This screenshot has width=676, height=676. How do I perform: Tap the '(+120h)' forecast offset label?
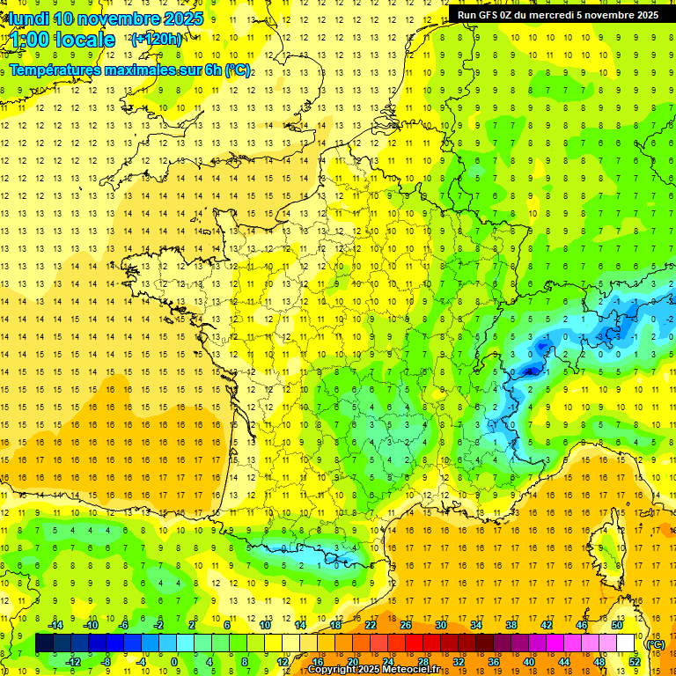[x=157, y=39]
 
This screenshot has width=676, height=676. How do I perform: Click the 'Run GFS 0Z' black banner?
[x=558, y=14]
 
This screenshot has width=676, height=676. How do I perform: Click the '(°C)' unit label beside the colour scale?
[x=655, y=643]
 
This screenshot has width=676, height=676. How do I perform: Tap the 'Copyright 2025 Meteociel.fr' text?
[x=373, y=670]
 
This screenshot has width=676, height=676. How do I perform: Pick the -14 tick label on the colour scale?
[x=55, y=625]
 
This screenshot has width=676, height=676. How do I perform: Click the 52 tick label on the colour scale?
[x=634, y=662]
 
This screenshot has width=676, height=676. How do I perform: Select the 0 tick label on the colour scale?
[x=173, y=662]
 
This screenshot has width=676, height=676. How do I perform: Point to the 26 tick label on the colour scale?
[x=406, y=625]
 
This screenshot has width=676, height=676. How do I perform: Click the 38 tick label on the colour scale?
[x=511, y=625]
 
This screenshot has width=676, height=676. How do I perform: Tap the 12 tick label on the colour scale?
[x=282, y=662]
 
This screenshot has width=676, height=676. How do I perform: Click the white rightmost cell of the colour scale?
[x=626, y=643]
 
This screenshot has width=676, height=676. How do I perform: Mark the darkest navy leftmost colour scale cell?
[x=45, y=643]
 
